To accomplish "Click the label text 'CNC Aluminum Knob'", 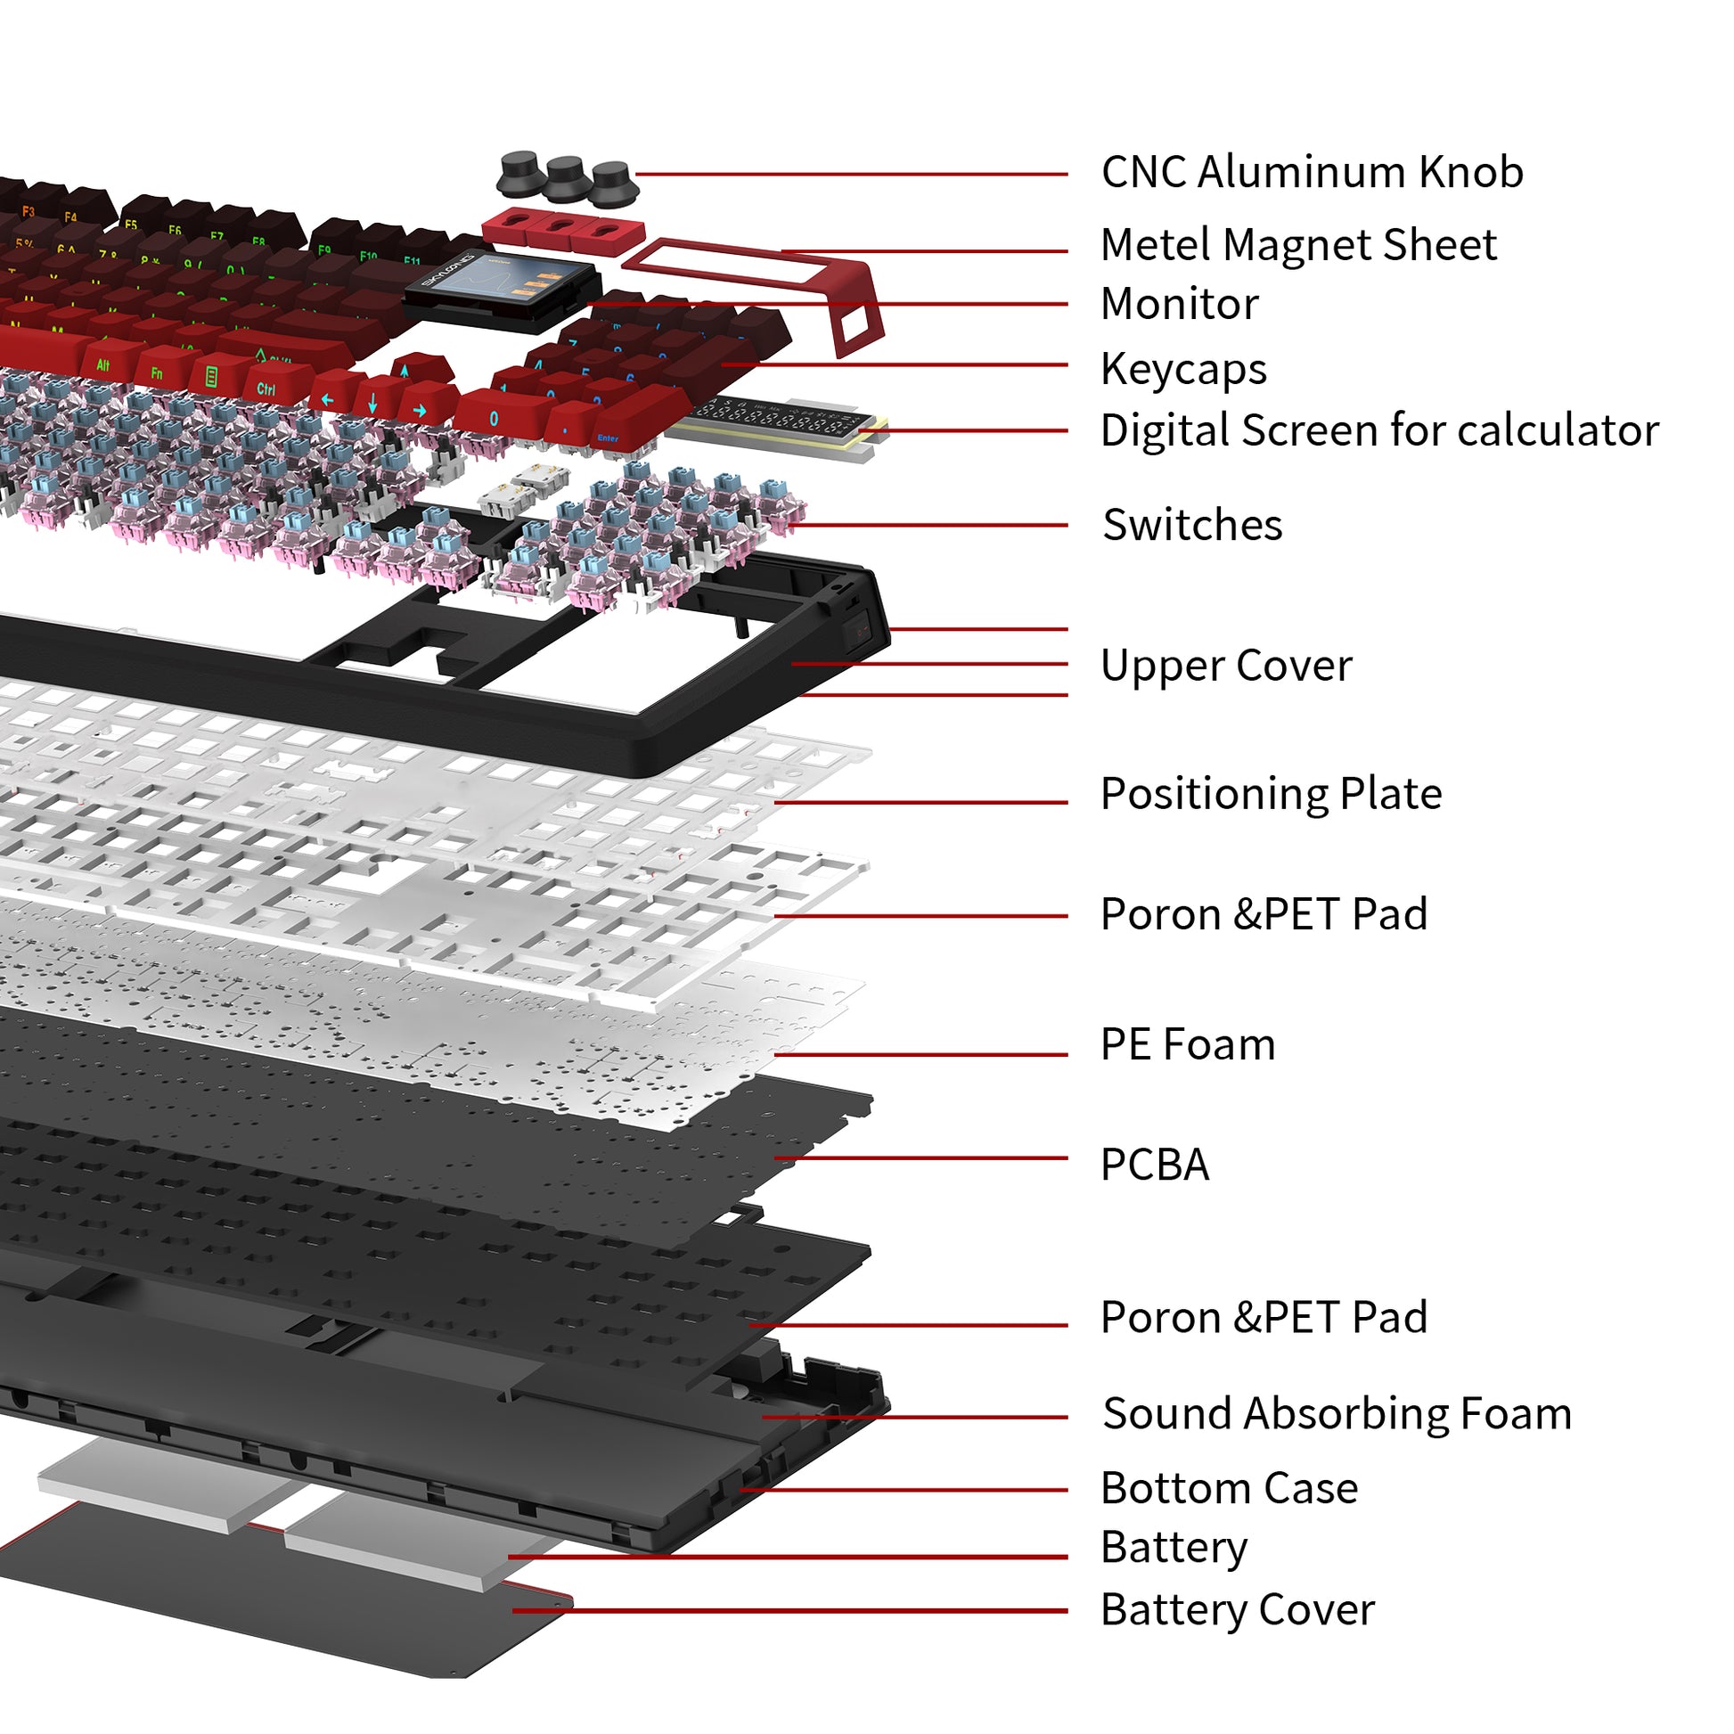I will tap(1312, 172).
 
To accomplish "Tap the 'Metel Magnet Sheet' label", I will tap(1297, 244).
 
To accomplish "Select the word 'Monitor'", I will tap(1179, 304).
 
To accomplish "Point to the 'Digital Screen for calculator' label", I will tap(1378, 430).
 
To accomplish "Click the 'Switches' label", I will tap(1192, 525).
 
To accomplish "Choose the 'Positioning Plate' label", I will tap(1270, 793).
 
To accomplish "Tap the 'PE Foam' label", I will tap(1187, 1044).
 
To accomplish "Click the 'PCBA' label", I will tap(1154, 1165).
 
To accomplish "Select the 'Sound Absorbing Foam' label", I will tap(1337, 1413).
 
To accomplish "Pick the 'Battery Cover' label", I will tap(1237, 1610).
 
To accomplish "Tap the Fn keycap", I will tap(157, 372).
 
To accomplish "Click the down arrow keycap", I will tap(372, 403).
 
